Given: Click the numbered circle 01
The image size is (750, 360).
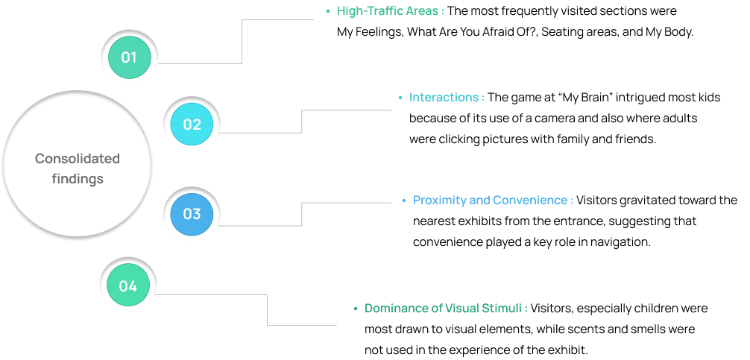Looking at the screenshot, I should pyautogui.click(x=129, y=57).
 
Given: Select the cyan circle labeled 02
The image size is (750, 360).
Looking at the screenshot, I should pyautogui.click(x=192, y=124).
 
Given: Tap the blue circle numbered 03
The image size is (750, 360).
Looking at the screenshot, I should pyautogui.click(x=192, y=215).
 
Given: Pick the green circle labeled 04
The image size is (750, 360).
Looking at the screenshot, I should pyautogui.click(x=128, y=286).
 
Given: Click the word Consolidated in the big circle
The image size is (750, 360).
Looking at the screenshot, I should pyautogui.click(x=78, y=159).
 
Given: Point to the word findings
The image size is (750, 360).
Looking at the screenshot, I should pyautogui.click(x=78, y=179).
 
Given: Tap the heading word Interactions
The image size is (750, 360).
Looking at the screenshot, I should pyautogui.click(x=444, y=98).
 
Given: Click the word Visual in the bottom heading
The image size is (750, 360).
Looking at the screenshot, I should pyautogui.click(x=462, y=308).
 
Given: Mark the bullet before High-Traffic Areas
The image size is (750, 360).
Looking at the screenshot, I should pyautogui.click(x=327, y=11).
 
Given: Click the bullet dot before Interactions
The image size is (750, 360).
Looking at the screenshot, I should pyautogui.click(x=400, y=98).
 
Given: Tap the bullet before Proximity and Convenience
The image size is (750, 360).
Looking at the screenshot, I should pyautogui.click(x=404, y=200).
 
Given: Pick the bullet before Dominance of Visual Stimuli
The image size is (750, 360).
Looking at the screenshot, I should pyautogui.click(x=356, y=308).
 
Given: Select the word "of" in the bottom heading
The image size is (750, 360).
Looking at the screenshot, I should pyautogui.click(x=437, y=308).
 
